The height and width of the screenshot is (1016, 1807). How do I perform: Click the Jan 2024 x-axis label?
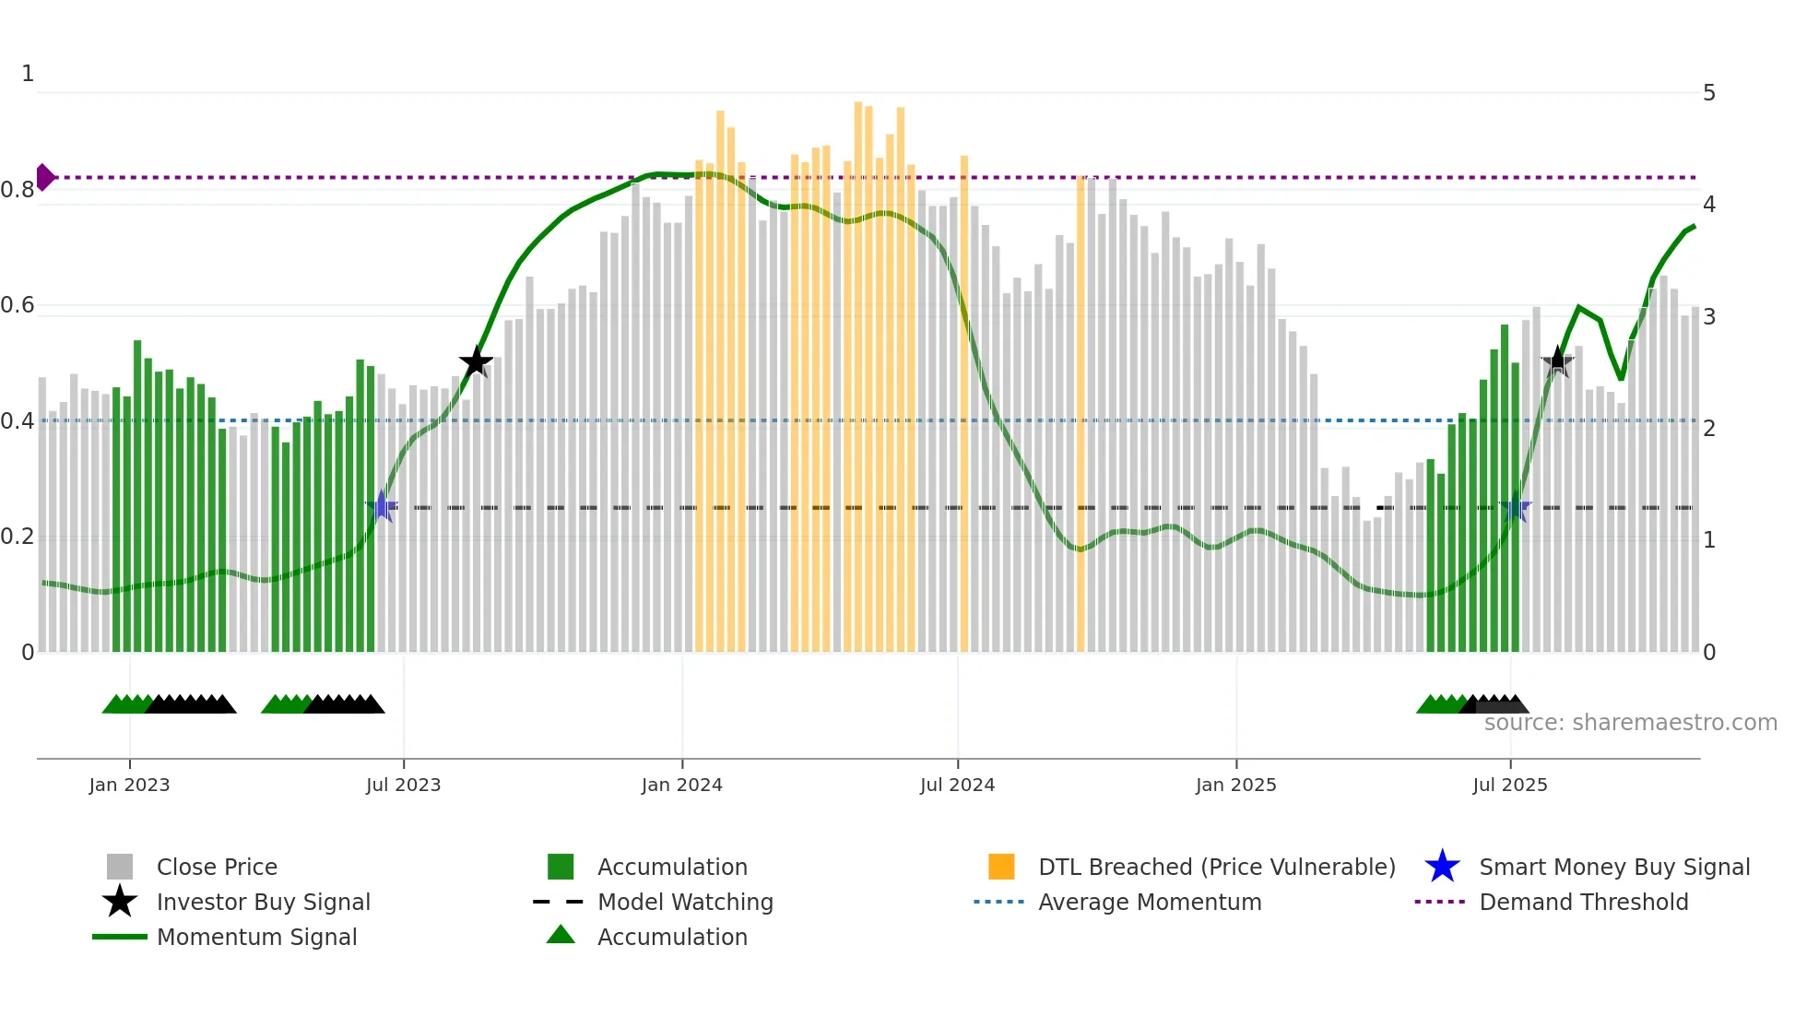click(x=681, y=785)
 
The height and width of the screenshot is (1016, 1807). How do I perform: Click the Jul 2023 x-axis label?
click(x=403, y=785)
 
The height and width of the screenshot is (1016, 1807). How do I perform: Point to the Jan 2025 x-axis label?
click(x=1235, y=785)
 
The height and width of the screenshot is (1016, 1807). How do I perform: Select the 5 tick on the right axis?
click(x=1709, y=93)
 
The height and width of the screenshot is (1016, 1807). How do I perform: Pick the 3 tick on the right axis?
click(x=1709, y=317)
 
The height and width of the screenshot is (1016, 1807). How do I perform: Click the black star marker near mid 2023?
click(x=476, y=362)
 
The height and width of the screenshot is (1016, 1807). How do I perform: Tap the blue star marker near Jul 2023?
click(x=382, y=506)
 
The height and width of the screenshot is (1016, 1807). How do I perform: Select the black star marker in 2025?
click(x=1558, y=362)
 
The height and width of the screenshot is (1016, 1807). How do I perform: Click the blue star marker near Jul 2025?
click(x=1516, y=507)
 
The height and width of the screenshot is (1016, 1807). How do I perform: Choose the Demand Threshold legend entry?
click(x=1583, y=902)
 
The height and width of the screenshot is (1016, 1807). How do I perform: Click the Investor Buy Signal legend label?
click(x=263, y=902)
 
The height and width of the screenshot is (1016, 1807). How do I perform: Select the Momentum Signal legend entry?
click(x=256, y=937)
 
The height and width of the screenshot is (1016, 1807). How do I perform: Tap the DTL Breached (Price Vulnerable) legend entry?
click(x=1216, y=867)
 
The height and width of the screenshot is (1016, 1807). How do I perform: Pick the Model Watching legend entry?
click(x=684, y=902)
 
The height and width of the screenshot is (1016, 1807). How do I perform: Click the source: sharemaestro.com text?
click(x=1630, y=723)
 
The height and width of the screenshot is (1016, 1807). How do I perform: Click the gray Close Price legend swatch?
click(x=120, y=867)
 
